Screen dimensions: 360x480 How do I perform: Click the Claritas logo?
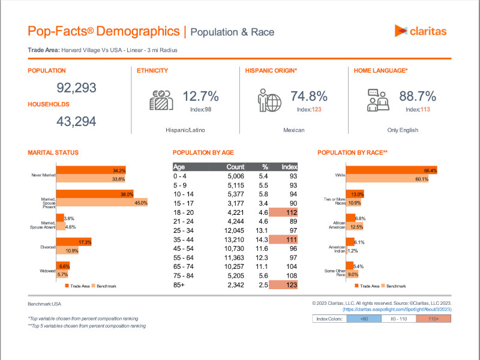pyautogui.click(x=420, y=31)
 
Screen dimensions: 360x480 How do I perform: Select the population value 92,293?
pyautogui.click(x=76, y=88)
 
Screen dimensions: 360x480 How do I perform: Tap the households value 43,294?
pyautogui.click(x=76, y=122)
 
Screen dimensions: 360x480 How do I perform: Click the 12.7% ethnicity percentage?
pyautogui.click(x=200, y=97)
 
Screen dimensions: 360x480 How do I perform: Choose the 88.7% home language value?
pyautogui.click(x=418, y=97)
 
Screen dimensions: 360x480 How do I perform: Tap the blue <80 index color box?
pyautogui.click(x=364, y=319)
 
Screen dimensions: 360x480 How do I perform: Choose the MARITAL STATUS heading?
pyautogui.click(x=53, y=153)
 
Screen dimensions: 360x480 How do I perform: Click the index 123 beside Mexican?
pyautogui.click(x=309, y=109)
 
